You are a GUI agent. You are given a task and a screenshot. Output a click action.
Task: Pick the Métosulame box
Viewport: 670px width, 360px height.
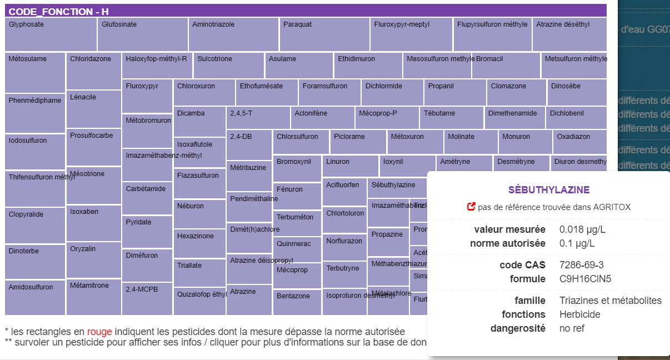pos(35,72)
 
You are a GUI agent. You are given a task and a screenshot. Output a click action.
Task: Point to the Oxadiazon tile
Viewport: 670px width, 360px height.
pos(579,142)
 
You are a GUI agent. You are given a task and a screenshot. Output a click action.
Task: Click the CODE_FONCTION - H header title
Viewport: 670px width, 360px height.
pos(59,12)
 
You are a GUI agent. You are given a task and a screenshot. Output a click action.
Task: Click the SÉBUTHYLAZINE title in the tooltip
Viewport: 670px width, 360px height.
pos(549,190)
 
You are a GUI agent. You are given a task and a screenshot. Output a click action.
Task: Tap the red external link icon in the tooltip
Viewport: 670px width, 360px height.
pos(471,207)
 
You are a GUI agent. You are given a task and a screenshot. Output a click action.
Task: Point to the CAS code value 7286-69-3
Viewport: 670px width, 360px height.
pos(582,265)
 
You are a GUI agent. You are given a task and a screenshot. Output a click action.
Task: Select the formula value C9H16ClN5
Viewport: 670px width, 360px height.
pos(585,279)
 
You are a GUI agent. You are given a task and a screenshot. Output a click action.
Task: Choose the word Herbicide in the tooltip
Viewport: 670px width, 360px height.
pos(580,314)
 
